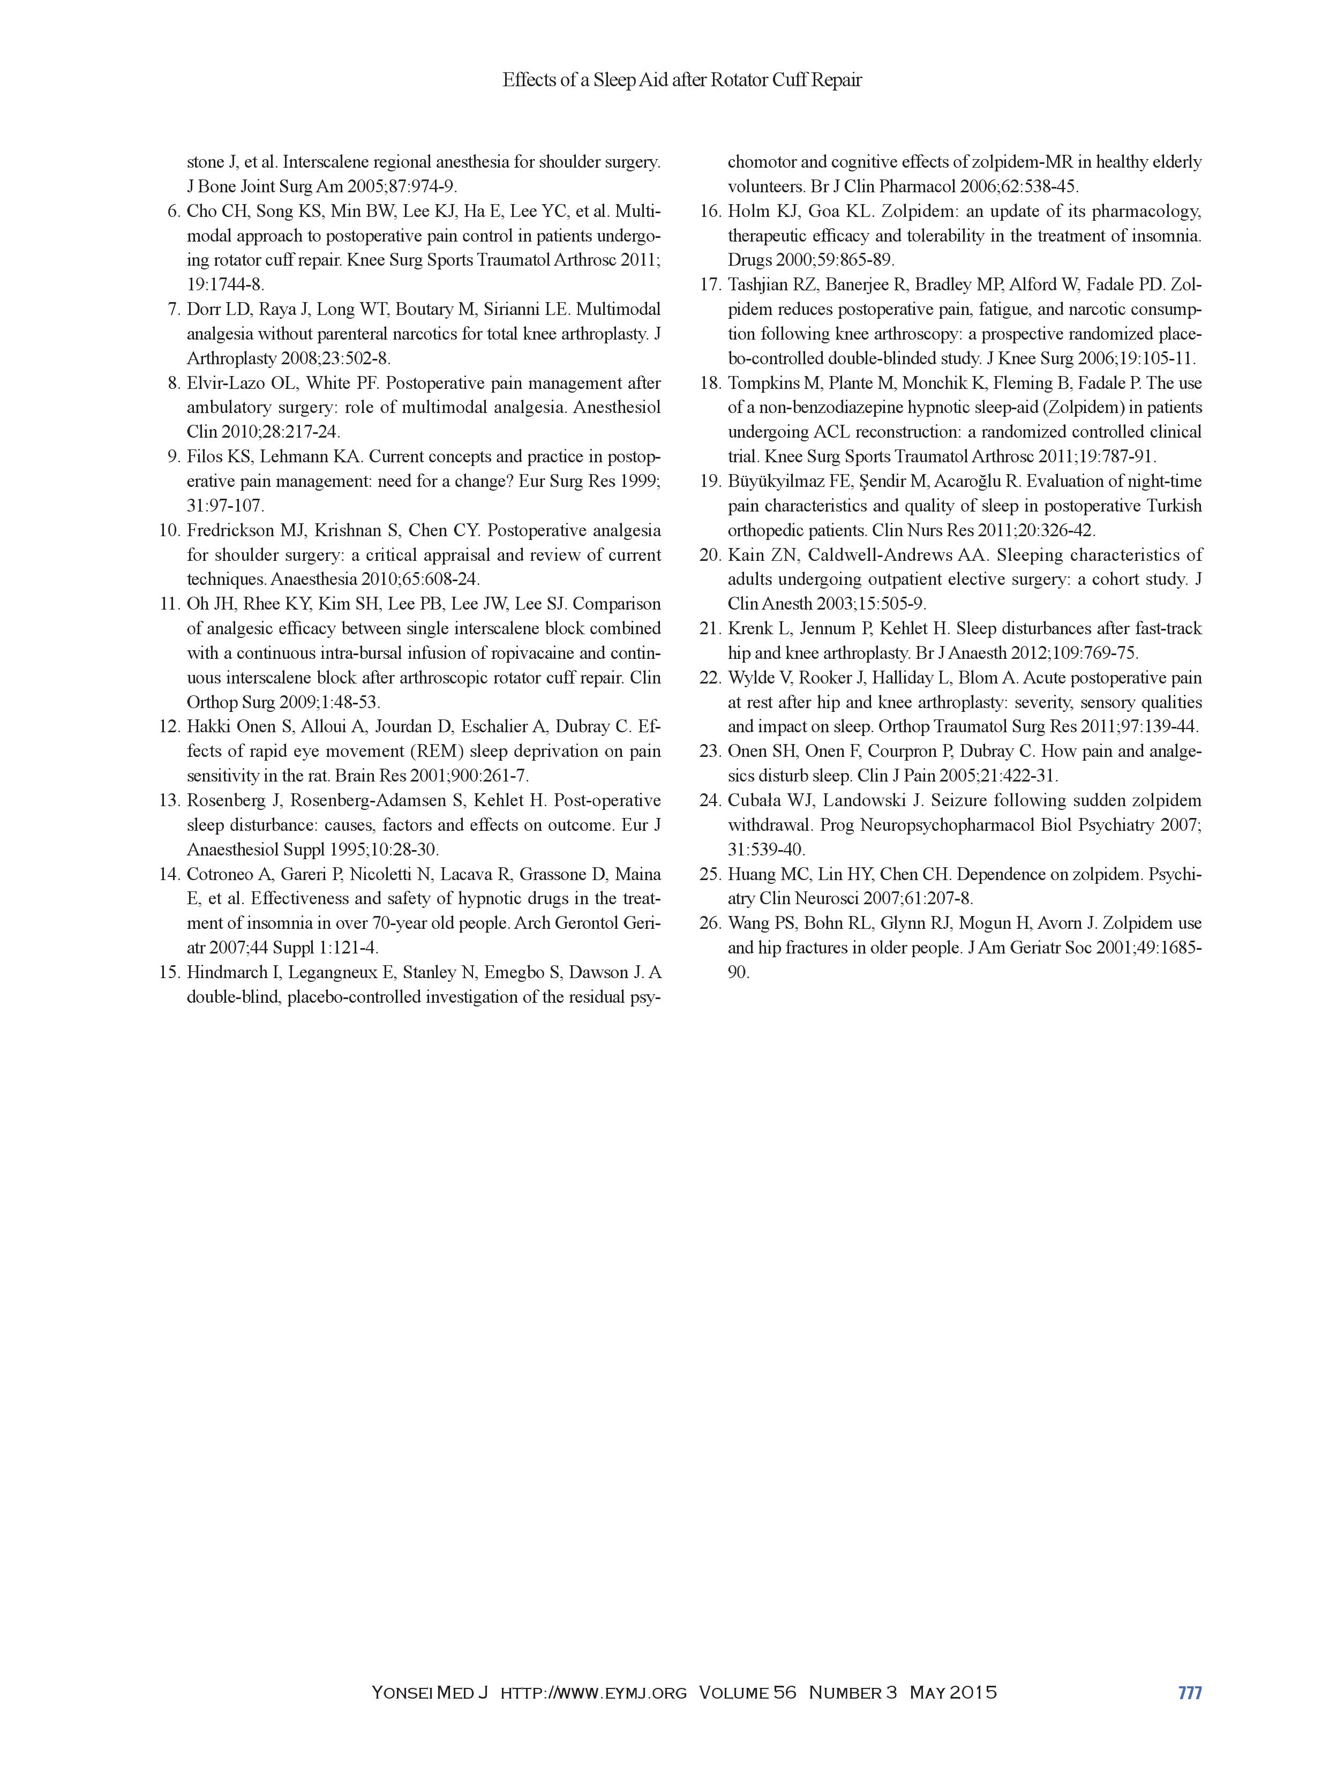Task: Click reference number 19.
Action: click(x=710, y=482)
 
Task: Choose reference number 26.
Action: click(x=710, y=923)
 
